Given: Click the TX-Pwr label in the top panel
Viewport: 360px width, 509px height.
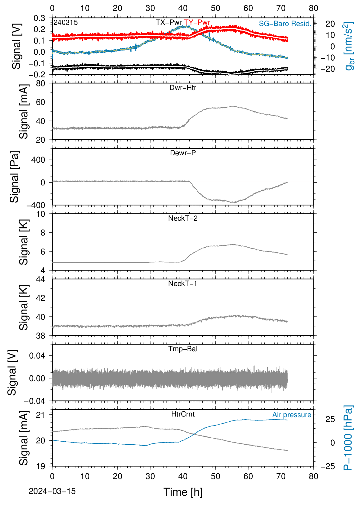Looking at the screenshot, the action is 169,22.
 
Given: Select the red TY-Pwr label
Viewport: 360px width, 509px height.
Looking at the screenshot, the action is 197,22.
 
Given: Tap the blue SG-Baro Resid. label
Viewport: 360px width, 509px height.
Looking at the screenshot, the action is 285,24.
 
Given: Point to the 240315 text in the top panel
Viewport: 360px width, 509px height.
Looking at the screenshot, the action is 66,22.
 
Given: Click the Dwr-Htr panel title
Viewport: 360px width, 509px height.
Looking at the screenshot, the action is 183,88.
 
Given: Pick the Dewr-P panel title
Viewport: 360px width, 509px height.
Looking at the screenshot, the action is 183,153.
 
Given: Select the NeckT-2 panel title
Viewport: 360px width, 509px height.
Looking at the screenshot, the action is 183,218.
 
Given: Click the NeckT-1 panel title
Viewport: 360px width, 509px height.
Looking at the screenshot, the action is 183,283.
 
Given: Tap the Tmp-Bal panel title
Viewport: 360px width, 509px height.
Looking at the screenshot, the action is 183,349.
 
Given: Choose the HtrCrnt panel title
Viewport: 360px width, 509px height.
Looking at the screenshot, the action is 183,414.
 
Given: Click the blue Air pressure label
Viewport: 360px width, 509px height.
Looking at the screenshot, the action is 292,415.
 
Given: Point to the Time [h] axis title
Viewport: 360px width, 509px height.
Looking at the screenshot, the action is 183,492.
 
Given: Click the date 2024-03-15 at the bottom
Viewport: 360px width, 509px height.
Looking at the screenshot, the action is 52,491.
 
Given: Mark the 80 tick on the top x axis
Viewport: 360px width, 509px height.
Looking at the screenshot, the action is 313,8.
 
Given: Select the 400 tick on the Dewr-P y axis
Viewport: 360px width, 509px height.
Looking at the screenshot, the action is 38,160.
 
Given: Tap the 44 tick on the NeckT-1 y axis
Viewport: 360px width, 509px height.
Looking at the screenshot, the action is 41,279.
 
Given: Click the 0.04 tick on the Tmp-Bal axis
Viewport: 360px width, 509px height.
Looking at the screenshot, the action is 37,356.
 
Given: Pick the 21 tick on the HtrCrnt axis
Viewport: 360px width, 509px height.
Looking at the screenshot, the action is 41,415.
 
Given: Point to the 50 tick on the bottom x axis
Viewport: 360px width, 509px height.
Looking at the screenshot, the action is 215,476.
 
